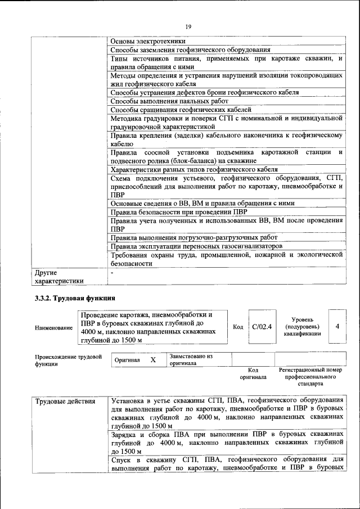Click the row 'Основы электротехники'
coord(148,41)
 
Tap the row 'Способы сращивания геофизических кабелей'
coord(181,110)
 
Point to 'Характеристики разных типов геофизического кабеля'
coord(194,169)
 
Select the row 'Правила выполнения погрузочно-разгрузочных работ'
coord(194,237)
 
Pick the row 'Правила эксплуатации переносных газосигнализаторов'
coord(196,246)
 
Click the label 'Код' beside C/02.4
coord(238,327)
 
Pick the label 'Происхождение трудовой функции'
coord(68,360)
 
